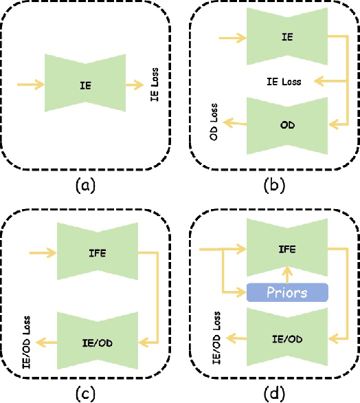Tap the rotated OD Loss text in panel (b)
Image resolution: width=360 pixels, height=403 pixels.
tap(214, 122)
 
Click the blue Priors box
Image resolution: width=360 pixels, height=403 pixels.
tap(288, 292)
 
